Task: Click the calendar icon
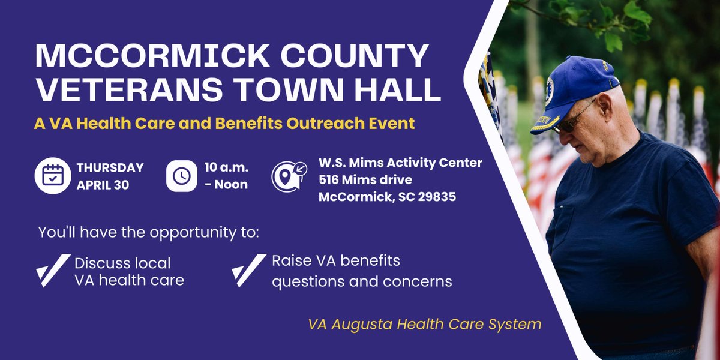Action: click(53, 175)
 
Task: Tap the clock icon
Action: click(182, 175)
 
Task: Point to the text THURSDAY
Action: click(110, 167)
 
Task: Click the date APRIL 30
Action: click(103, 184)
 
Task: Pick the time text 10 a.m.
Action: click(227, 167)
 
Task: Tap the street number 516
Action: click(331, 179)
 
